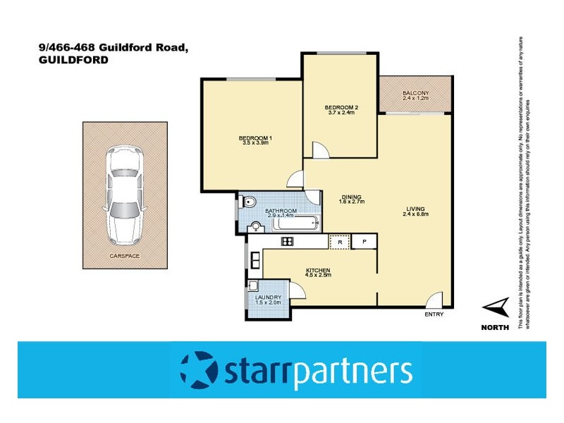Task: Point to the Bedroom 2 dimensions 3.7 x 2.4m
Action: (342, 113)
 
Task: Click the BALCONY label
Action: (415, 94)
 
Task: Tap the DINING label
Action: (350, 197)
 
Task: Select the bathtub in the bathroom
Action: (295, 224)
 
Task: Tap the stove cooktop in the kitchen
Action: (287, 242)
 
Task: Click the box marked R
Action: (340, 242)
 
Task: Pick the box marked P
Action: (364, 242)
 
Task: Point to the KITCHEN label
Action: (318, 271)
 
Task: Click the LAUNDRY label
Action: (269, 298)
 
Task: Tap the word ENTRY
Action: (434, 314)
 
